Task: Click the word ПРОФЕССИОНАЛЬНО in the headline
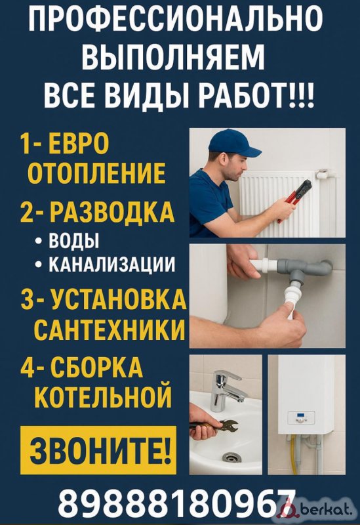click(175, 19)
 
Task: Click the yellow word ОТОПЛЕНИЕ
click(96, 173)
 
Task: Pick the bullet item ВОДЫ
click(73, 240)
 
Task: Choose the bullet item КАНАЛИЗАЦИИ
click(112, 264)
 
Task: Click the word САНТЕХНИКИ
click(110, 329)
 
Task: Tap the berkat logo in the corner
click(317, 509)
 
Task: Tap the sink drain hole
click(230, 457)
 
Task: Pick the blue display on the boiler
click(301, 416)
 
